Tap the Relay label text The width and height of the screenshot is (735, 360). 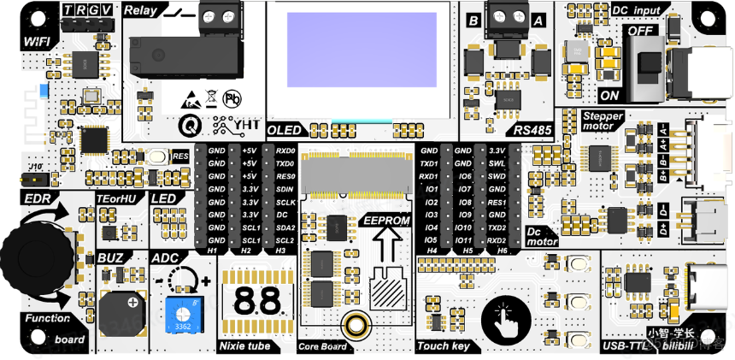[x=141, y=10]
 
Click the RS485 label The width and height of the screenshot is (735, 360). [x=532, y=130]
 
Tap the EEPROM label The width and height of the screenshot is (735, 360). [x=387, y=220]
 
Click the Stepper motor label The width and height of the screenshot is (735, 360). [x=603, y=121]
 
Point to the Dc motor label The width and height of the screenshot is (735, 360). [x=540, y=236]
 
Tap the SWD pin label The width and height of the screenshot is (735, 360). [x=496, y=175]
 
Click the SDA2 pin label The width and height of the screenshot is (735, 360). [x=285, y=227]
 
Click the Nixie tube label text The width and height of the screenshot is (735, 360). [x=245, y=345]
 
